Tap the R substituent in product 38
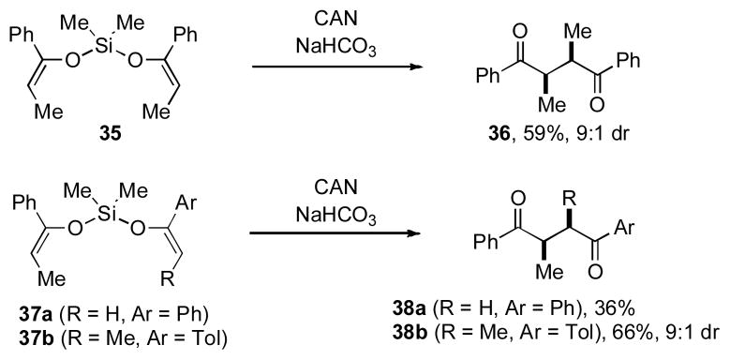click(x=567, y=196)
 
